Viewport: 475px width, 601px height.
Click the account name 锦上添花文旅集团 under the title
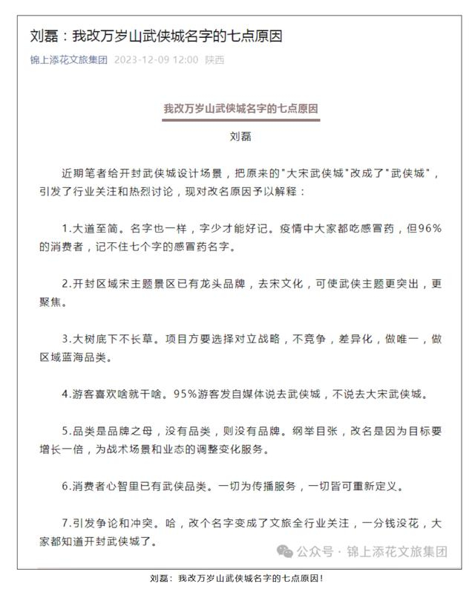(69, 60)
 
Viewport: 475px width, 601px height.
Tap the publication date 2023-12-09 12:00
(157, 60)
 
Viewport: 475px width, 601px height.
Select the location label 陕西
(215, 60)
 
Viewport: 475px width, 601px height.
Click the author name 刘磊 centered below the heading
(241, 137)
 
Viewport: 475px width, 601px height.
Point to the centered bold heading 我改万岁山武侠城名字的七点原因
(241, 108)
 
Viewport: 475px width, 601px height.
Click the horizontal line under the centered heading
(241, 120)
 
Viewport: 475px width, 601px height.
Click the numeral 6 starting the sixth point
(65, 487)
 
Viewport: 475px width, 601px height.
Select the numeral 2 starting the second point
(65, 283)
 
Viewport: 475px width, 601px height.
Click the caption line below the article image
(237, 578)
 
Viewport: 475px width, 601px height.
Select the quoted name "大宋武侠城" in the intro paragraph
(320, 173)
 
